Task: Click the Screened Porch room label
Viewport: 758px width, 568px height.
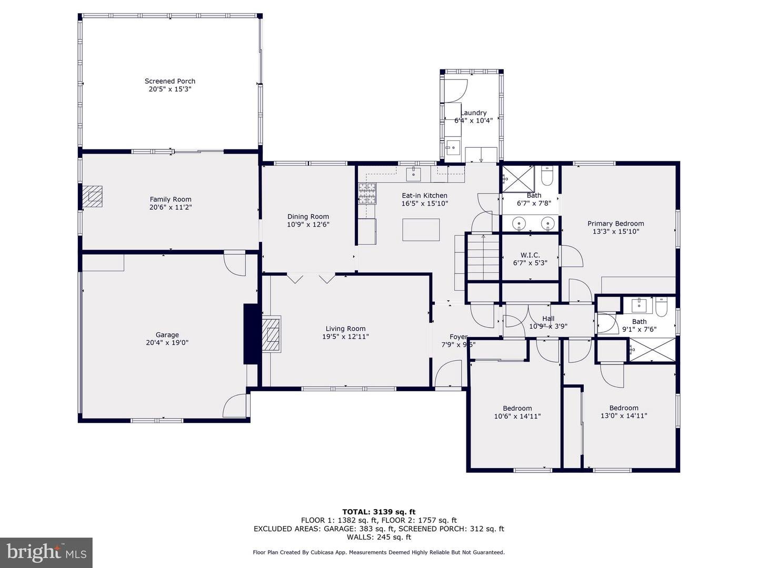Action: (170, 81)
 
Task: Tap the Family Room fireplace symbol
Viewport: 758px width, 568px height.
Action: (93, 196)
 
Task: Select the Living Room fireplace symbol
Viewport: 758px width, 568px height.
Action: (271, 334)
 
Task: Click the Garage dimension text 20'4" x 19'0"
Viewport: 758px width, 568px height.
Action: (167, 342)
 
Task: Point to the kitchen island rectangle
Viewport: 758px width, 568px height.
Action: (421, 230)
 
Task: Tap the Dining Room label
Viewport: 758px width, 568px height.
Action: (308, 217)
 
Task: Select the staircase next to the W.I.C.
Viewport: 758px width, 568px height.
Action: (483, 257)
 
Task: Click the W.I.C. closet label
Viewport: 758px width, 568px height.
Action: (530, 255)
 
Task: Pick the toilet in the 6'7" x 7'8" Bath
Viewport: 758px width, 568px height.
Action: (547, 176)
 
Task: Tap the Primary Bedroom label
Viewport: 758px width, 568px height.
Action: (616, 224)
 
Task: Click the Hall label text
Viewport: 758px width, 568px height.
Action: (548, 319)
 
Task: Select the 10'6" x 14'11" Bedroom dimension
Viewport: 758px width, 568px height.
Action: (517, 416)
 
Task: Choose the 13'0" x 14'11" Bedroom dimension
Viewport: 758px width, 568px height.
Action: (624, 416)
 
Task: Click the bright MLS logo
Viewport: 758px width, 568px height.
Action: (46, 553)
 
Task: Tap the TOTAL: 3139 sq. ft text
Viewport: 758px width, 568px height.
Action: (379, 512)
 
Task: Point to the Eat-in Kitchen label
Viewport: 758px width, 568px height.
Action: (424, 196)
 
